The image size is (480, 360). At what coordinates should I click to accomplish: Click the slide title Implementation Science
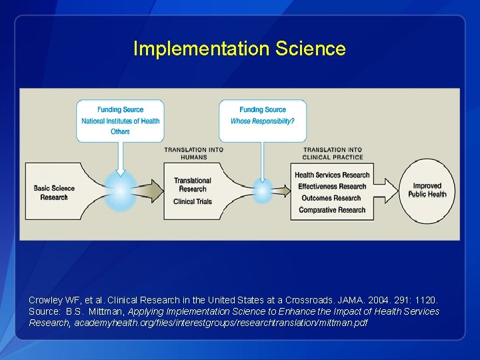point(239,49)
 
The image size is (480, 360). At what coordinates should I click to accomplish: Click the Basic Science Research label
point(55,192)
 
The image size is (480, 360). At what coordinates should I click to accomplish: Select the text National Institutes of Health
point(121,121)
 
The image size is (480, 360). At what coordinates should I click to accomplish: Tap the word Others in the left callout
point(121,132)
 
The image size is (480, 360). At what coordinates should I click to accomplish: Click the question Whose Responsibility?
point(263,121)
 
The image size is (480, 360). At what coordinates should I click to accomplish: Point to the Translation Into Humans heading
point(194,153)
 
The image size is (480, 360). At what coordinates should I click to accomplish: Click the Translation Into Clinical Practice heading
point(333,153)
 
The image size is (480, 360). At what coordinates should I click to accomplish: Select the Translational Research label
point(193,185)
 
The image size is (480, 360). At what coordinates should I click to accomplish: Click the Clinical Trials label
point(193,201)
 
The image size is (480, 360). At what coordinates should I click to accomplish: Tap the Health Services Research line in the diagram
point(332,175)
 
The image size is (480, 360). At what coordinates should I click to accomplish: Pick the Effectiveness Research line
point(332,187)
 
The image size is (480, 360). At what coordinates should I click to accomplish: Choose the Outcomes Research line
point(331,198)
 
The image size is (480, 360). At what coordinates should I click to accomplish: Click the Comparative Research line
point(332,210)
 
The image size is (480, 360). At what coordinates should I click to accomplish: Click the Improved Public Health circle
point(427,190)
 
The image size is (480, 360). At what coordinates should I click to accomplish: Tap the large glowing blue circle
point(121,191)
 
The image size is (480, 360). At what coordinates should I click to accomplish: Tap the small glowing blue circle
point(263,191)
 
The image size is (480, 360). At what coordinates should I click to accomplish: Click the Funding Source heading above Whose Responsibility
point(263,110)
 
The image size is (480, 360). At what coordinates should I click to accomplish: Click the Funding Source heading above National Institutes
point(121,110)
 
